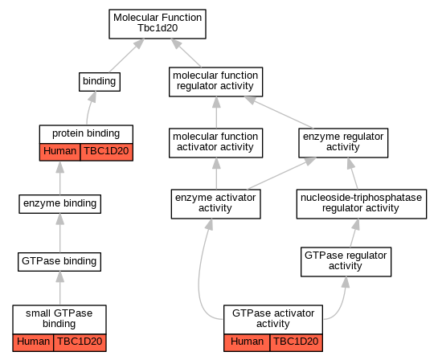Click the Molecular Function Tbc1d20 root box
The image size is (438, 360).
click(158, 24)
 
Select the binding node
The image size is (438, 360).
click(100, 82)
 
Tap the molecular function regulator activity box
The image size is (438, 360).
click(215, 82)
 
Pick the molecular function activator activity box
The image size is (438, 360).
click(215, 143)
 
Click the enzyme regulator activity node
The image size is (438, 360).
click(343, 143)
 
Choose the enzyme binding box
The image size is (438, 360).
click(59, 204)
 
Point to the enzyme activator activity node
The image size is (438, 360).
click(216, 204)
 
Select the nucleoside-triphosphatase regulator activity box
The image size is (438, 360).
click(362, 204)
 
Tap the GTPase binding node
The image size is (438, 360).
click(59, 262)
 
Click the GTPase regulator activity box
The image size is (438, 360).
click(346, 262)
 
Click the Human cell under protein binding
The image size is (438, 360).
click(59, 152)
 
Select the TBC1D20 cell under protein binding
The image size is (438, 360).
click(106, 152)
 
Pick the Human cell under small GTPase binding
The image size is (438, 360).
click(33, 342)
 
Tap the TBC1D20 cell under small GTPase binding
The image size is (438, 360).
click(80, 342)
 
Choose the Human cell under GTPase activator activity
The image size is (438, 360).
click(247, 342)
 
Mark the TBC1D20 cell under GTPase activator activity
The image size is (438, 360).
click(296, 342)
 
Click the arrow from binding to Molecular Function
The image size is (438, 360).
click(127, 55)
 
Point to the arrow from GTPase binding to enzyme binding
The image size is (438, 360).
click(59, 233)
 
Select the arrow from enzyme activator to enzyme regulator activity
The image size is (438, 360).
click(281, 174)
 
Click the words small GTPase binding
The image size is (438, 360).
click(59, 318)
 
